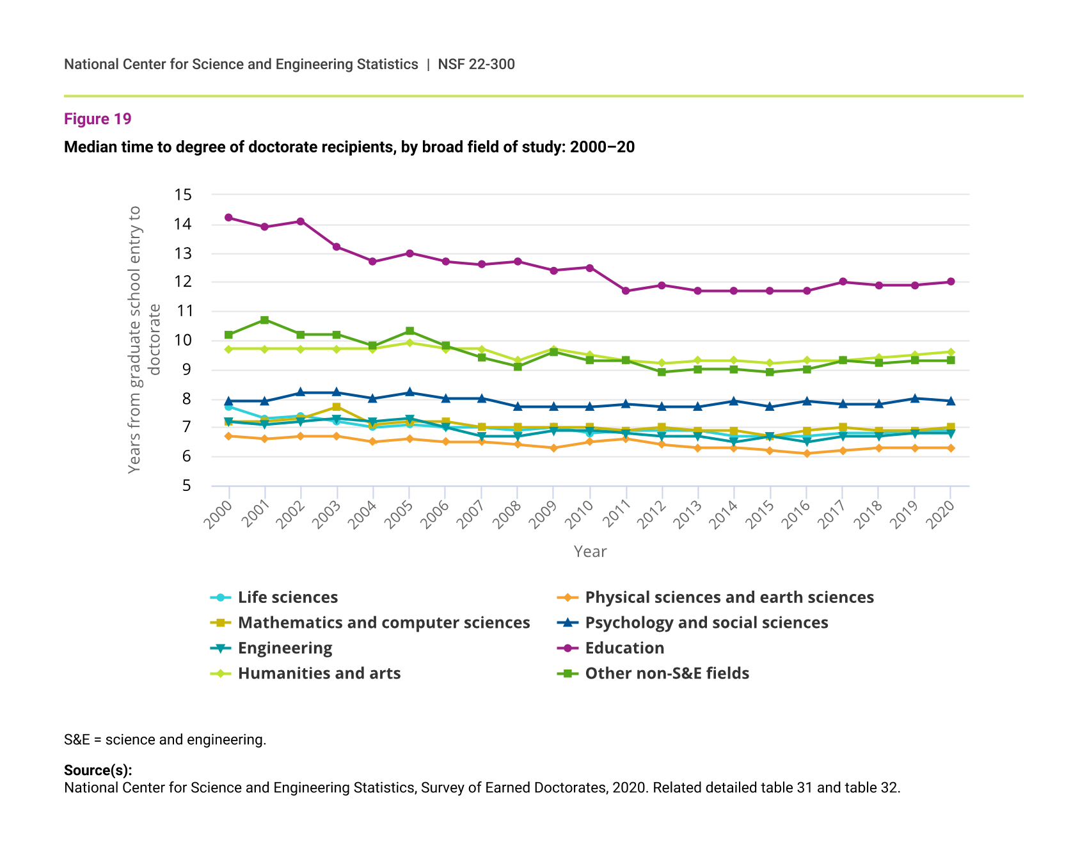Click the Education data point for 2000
pyautogui.click(x=228, y=218)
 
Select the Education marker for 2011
pyautogui.click(x=626, y=291)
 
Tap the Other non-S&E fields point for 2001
pyautogui.click(x=265, y=320)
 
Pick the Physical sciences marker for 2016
pyautogui.click(x=807, y=454)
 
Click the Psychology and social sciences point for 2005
pyautogui.click(x=409, y=392)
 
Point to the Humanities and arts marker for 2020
pyautogui.click(x=951, y=352)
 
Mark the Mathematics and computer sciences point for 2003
pyautogui.click(x=337, y=407)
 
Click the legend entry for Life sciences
pyautogui.click(x=287, y=597)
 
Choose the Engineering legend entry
pyautogui.click(x=285, y=648)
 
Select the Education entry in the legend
pyautogui.click(x=624, y=648)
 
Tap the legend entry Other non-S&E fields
pyautogui.click(x=667, y=673)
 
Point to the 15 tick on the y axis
pyautogui.click(x=183, y=195)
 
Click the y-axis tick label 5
pyautogui.click(x=186, y=486)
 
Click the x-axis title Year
pyautogui.click(x=590, y=552)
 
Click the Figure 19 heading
pyautogui.click(x=98, y=119)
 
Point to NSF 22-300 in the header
pyautogui.click(x=476, y=64)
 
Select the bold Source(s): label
pyautogui.click(x=98, y=771)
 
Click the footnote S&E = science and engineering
pyautogui.click(x=165, y=740)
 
